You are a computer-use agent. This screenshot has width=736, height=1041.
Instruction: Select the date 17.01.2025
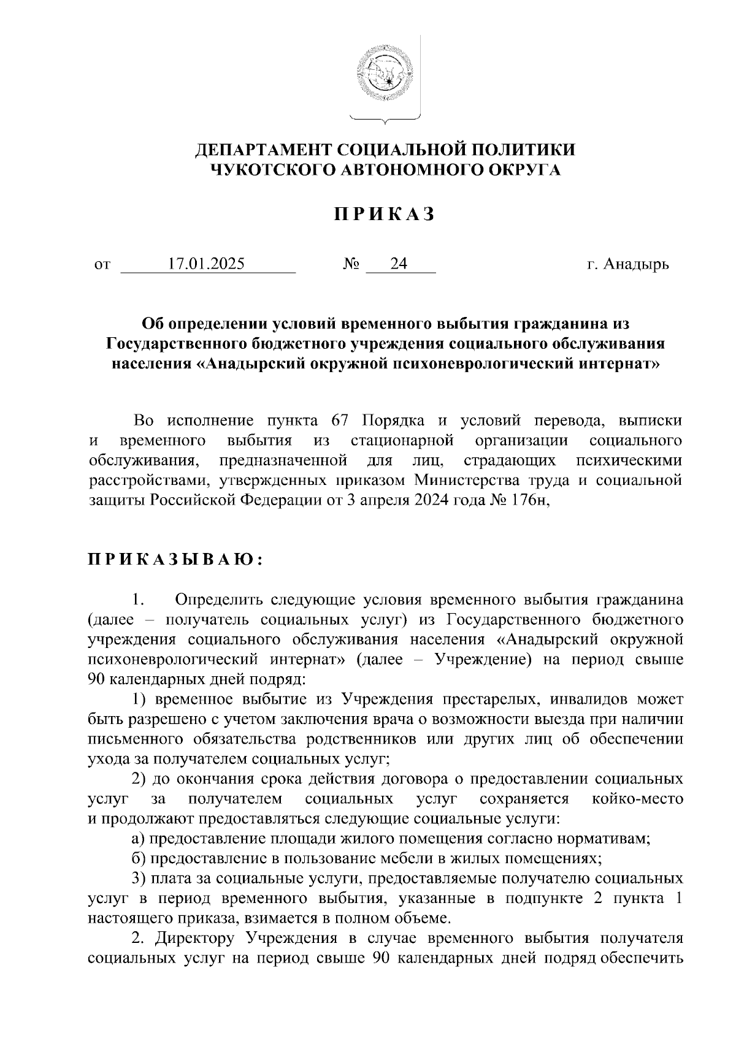click(x=207, y=264)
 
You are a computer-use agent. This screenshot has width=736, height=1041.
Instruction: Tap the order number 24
click(x=399, y=264)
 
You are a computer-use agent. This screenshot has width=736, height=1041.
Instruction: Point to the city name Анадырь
click(x=636, y=265)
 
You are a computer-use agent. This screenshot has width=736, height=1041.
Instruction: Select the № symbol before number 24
click(x=351, y=264)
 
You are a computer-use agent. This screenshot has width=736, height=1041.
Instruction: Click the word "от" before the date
click(x=102, y=265)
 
